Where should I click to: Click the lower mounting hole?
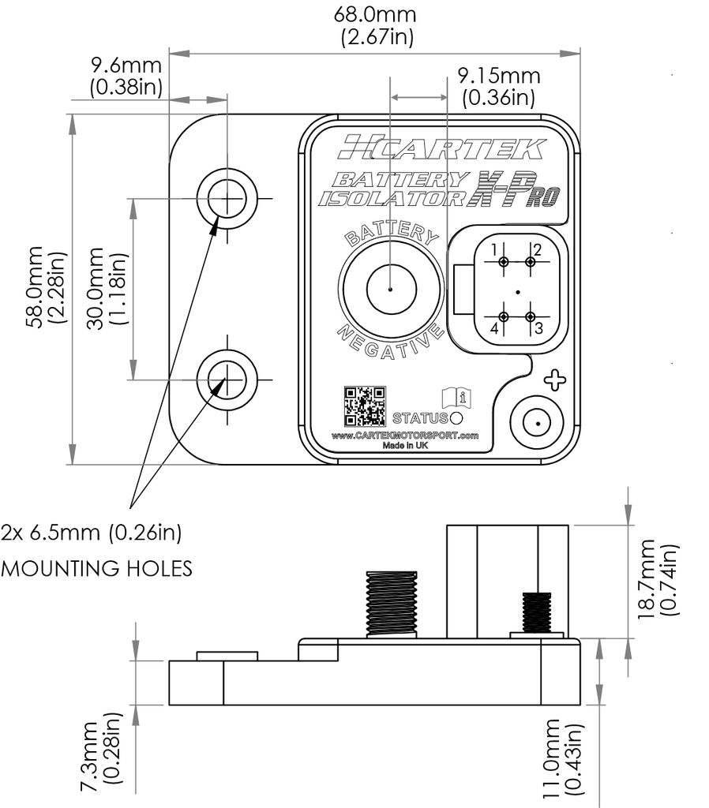point(227,378)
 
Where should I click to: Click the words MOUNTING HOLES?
point(96,568)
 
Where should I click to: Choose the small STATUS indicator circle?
point(455,417)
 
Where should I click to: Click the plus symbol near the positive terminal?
point(556,380)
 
